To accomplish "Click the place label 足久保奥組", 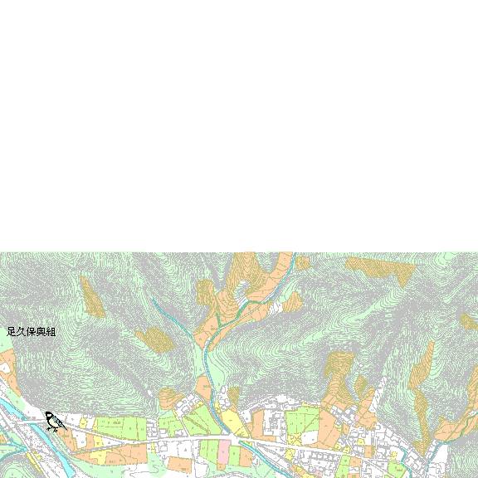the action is pyautogui.click(x=31, y=332).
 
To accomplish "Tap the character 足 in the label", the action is pyautogui.click(x=11, y=332).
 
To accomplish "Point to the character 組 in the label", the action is pyautogui.click(x=51, y=332).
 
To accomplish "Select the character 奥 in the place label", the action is pyautogui.click(x=41, y=332).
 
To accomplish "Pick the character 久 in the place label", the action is pyautogui.click(x=21, y=332).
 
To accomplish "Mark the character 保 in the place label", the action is pyautogui.click(x=31, y=332).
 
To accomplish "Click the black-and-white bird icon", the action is pyautogui.click(x=55, y=422).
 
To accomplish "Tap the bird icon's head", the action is pyautogui.click(x=49, y=415).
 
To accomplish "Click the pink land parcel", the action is pyautogui.click(x=223, y=453).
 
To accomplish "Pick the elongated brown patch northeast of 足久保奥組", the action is pyautogui.click(x=92, y=298).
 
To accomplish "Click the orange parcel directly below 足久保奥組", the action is pyautogui.click(x=7, y=365).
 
